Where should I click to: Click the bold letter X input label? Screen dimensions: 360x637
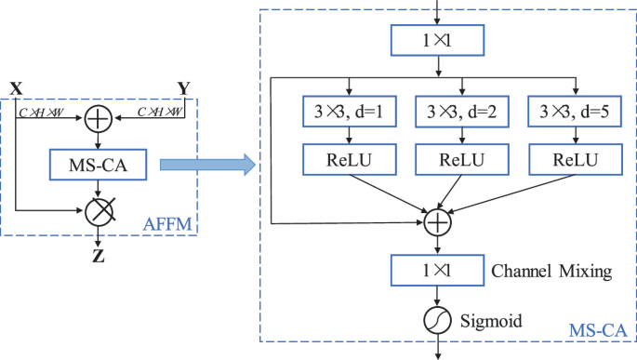coord(16,88)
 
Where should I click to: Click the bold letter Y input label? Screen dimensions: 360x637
coord(184,88)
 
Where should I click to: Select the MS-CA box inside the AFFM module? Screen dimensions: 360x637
coord(98,167)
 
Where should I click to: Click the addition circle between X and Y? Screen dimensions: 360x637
coord(98,118)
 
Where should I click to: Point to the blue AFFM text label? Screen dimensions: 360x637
coord(166,223)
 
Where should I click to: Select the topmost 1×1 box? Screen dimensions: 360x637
coord(436,42)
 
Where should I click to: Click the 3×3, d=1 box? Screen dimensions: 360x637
coord(346,113)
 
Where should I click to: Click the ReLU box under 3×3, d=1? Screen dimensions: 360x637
coord(346,159)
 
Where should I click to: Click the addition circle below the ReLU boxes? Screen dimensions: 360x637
coord(437,223)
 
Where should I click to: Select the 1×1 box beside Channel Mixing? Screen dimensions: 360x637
coord(437,272)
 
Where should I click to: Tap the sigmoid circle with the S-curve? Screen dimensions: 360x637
coord(437,321)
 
